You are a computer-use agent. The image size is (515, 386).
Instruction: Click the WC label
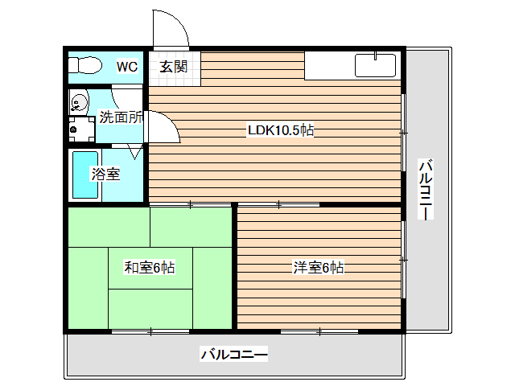coord(127,67)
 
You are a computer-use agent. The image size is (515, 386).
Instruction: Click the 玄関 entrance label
coord(172,67)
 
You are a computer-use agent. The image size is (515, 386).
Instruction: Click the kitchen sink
coord(374,64)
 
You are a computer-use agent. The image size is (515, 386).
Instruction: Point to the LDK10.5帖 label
coord(279,130)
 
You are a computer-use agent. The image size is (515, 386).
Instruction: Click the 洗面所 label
coord(121,117)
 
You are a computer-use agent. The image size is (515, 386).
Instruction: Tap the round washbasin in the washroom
coord(79,102)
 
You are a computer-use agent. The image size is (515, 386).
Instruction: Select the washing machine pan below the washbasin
coord(80,128)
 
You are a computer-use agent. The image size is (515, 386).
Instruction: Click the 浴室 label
coord(105,173)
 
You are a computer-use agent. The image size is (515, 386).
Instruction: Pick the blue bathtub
coord(84,175)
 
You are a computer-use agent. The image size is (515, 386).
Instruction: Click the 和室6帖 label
coord(149,268)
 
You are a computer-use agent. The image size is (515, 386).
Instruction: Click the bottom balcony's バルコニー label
coord(233,354)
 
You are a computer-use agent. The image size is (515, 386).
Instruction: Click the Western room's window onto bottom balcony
coord(319,331)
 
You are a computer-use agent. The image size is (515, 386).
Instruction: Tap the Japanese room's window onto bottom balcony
coord(150,331)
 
